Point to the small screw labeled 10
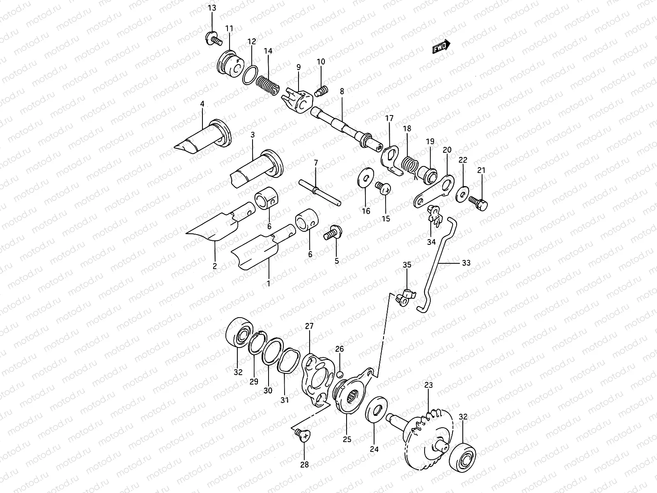tap(322, 90)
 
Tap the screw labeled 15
tap(384, 188)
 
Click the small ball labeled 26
tap(340, 374)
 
